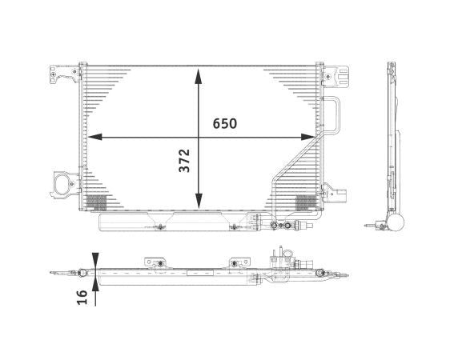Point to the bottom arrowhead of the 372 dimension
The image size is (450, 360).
(199, 203)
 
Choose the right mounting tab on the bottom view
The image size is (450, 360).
(237, 262)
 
